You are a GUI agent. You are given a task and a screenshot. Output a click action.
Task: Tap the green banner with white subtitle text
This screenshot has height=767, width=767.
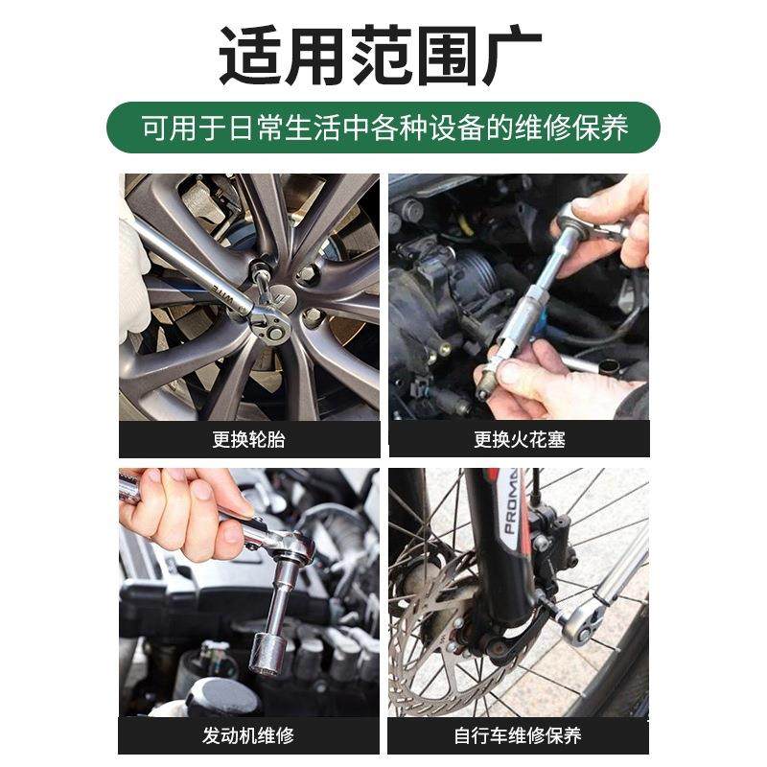[383, 128]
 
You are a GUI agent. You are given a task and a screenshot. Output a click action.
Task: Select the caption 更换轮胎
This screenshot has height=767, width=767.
[249, 440]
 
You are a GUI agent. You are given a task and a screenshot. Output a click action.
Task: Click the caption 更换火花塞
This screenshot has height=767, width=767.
[519, 440]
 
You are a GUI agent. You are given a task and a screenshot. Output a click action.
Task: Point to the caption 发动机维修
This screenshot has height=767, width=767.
[249, 735]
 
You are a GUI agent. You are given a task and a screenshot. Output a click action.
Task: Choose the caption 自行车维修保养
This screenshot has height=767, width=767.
[519, 735]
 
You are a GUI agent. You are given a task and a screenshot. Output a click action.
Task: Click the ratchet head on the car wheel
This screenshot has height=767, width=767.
[271, 321]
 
